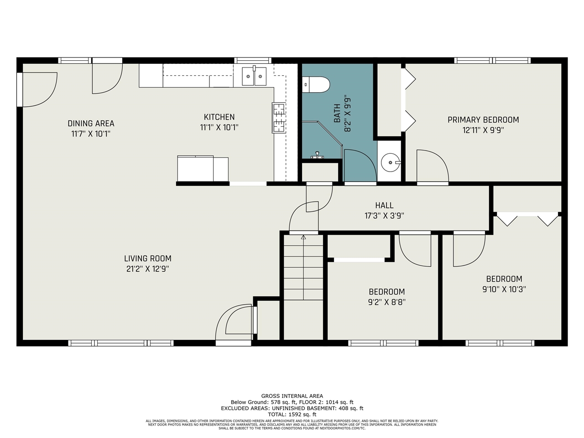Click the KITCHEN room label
point(219,117)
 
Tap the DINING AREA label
point(91,123)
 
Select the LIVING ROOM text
point(148,259)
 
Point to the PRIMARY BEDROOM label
point(483,120)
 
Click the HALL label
point(384,205)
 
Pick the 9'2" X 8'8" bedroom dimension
point(387,302)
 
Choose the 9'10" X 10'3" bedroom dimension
point(504,289)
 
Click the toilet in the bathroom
point(316,84)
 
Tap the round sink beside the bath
point(391,162)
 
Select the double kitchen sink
point(254,76)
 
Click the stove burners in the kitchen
point(279,118)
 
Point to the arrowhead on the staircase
point(303,237)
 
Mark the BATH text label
point(337,114)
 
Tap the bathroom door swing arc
point(366,159)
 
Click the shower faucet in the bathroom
point(317,155)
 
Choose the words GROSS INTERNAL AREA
point(292,396)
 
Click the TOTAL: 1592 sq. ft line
point(292,414)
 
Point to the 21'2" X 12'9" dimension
point(148,269)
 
